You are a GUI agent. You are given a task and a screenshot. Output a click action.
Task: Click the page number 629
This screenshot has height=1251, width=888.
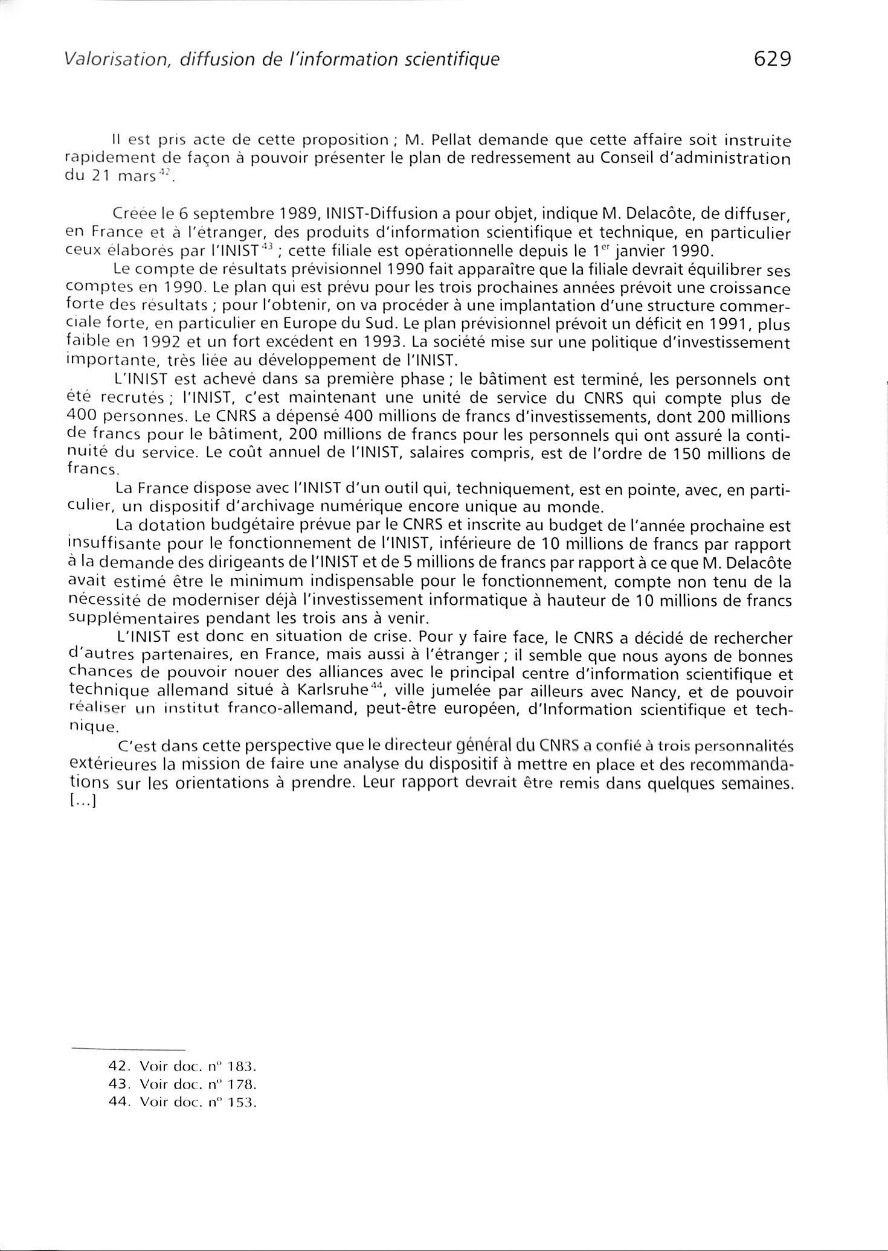point(771,59)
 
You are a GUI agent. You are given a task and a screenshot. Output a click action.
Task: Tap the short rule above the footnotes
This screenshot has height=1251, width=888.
point(127,1049)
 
